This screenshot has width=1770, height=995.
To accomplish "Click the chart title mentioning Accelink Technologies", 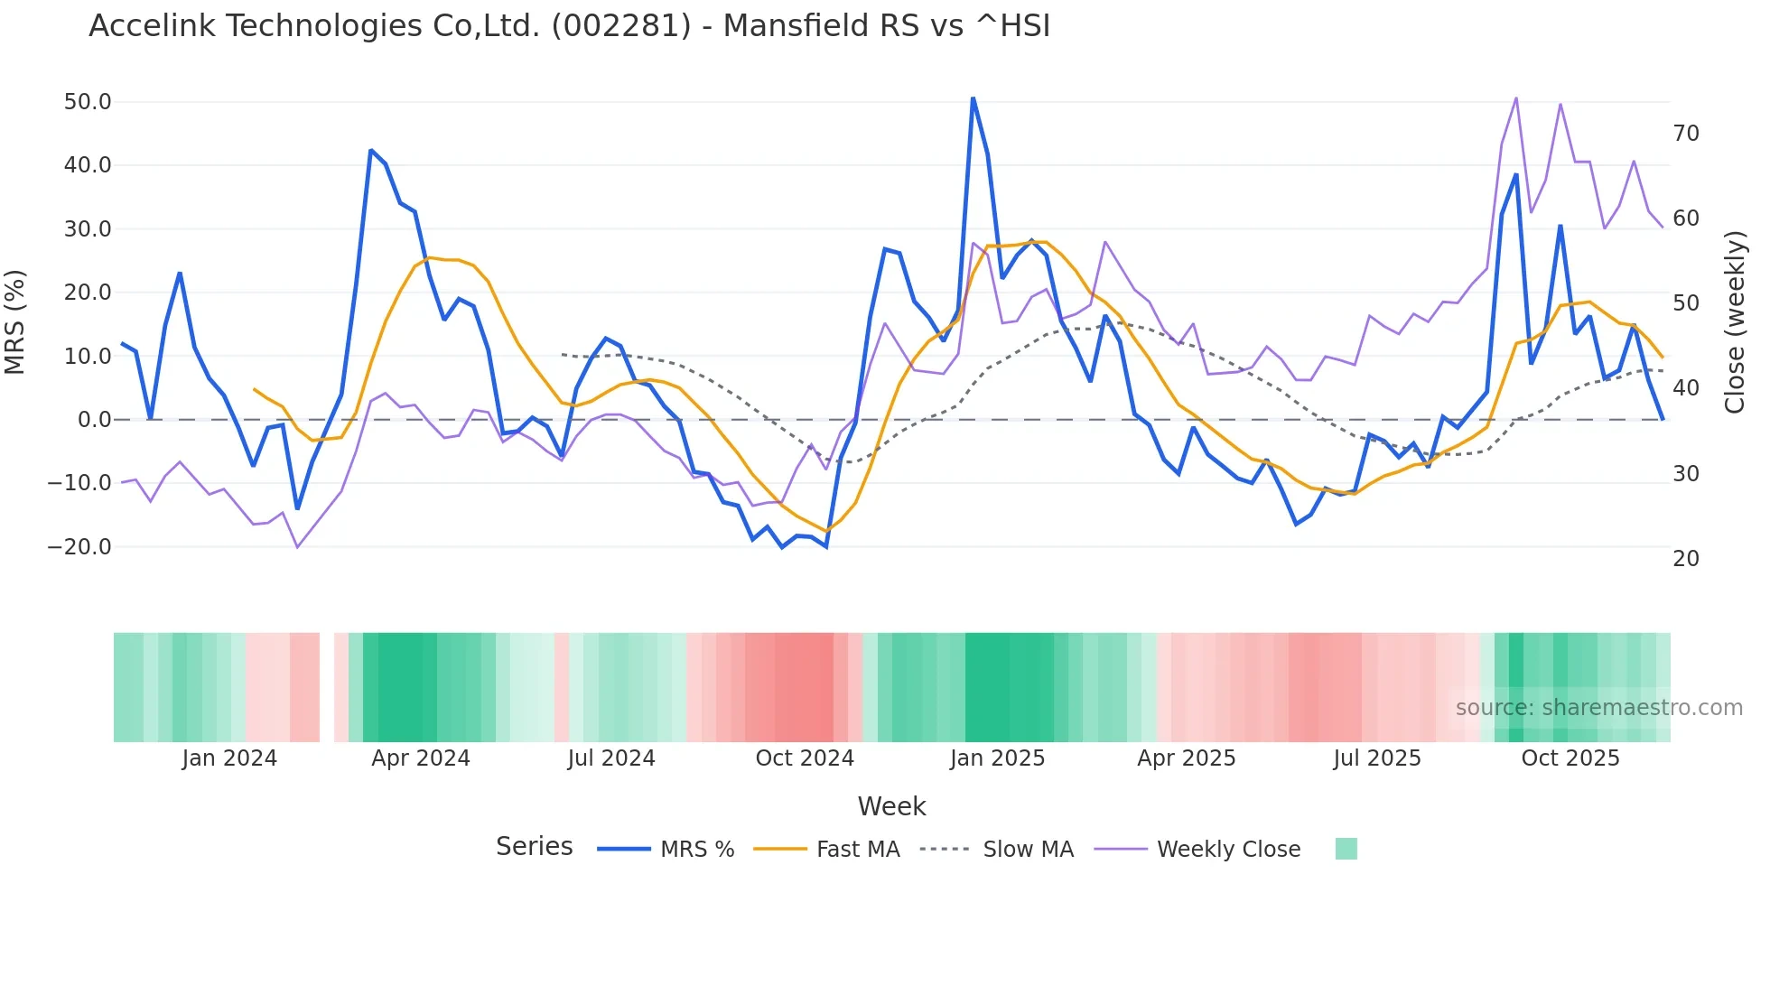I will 569,26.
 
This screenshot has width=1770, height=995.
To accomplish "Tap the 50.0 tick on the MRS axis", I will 88,102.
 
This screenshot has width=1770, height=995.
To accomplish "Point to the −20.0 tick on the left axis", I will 79,547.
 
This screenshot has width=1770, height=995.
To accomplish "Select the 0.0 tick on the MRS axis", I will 94,420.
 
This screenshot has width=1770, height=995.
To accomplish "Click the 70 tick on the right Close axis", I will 1686,134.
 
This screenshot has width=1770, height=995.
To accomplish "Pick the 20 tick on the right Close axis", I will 1686,559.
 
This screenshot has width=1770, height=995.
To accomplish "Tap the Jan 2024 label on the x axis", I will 229,758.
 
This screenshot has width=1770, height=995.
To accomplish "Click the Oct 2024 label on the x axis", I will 805,758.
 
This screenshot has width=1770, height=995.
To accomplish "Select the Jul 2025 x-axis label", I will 1377,758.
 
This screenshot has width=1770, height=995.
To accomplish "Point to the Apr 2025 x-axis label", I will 1187,758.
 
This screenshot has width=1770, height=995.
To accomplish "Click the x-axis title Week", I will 891,806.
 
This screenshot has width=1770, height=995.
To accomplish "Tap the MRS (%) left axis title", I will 15,322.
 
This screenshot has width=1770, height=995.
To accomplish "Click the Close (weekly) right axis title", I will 1735,322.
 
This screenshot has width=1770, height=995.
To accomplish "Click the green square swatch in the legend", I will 1346,849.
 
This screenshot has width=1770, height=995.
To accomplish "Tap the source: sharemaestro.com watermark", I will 1598,708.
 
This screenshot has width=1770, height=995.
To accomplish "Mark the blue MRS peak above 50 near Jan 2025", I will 973,98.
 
